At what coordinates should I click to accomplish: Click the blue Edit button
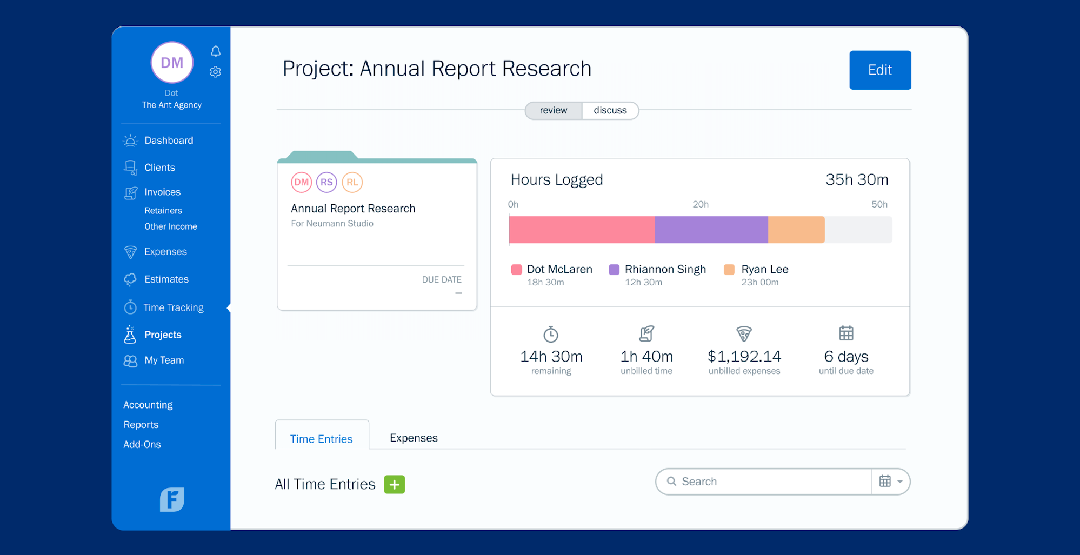point(879,70)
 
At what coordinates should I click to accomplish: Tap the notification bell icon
point(216,51)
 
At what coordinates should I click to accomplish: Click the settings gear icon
point(216,72)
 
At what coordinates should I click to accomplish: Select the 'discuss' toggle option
point(610,110)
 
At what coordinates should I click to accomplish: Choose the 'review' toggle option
point(554,110)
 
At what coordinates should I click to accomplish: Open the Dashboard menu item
point(168,141)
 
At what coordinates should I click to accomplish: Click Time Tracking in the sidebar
point(173,307)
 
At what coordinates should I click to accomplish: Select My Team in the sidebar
point(164,360)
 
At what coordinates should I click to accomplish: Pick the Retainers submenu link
point(163,211)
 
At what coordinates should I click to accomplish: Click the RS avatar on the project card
point(326,182)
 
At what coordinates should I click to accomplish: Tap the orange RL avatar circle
point(352,182)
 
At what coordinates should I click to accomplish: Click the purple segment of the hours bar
point(711,230)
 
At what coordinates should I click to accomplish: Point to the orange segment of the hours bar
point(796,230)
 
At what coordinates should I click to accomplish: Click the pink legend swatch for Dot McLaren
point(516,270)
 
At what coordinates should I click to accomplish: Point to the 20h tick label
point(700,204)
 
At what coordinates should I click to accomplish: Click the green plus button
point(394,485)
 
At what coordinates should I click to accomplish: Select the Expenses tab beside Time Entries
point(414,438)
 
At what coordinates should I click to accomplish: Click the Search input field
point(768,482)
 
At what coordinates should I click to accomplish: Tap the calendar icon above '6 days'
point(846,333)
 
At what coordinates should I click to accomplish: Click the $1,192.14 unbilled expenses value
point(744,357)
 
